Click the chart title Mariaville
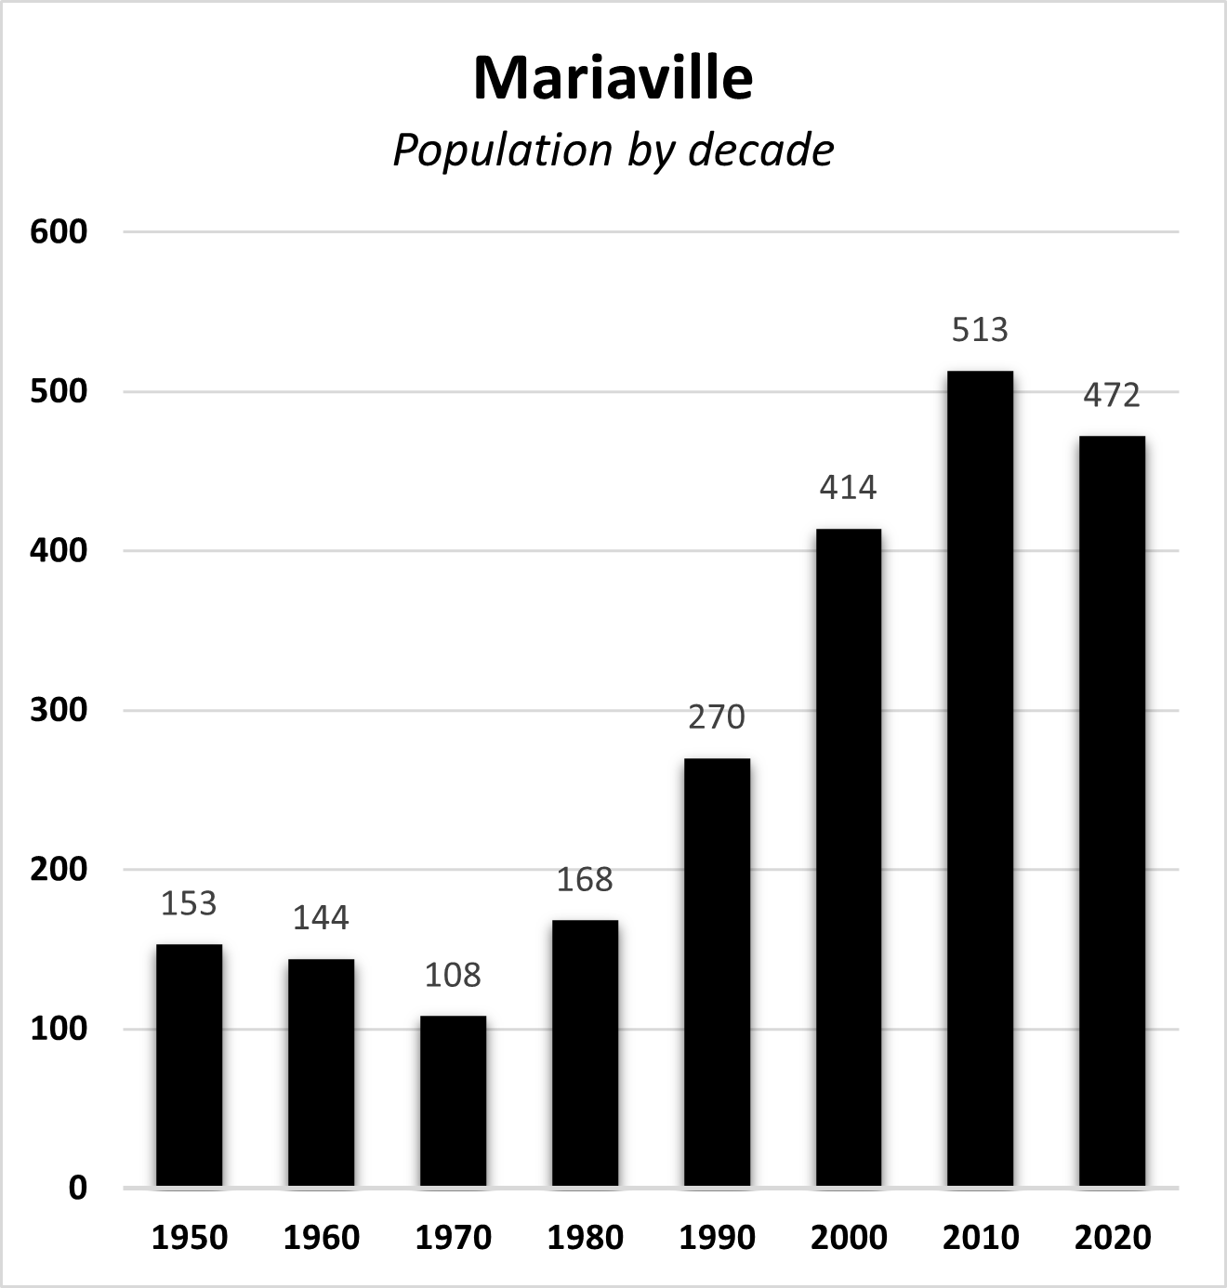[x=613, y=78]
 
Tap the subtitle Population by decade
[x=613, y=151]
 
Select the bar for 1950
[x=189, y=1065]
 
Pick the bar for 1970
[x=453, y=1101]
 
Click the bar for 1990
[x=717, y=972]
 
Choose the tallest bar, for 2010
[x=980, y=779]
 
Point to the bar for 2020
[x=1112, y=811]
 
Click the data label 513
[x=980, y=330]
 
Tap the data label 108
[x=453, y=975]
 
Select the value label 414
[x=848, y=488]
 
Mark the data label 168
[x=585, y=879]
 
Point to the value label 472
[x=1112, y=396]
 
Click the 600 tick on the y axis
[x=59, y=231]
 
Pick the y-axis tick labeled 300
[x=59, y=710]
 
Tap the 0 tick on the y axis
[x=77, y=1188]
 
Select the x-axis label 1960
[x=321, y=1238]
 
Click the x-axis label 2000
[x=848, y=1238]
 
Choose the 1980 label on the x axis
[x=585, y=1238]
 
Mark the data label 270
[x=717, y=717]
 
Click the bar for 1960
[x=321, y=1072]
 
